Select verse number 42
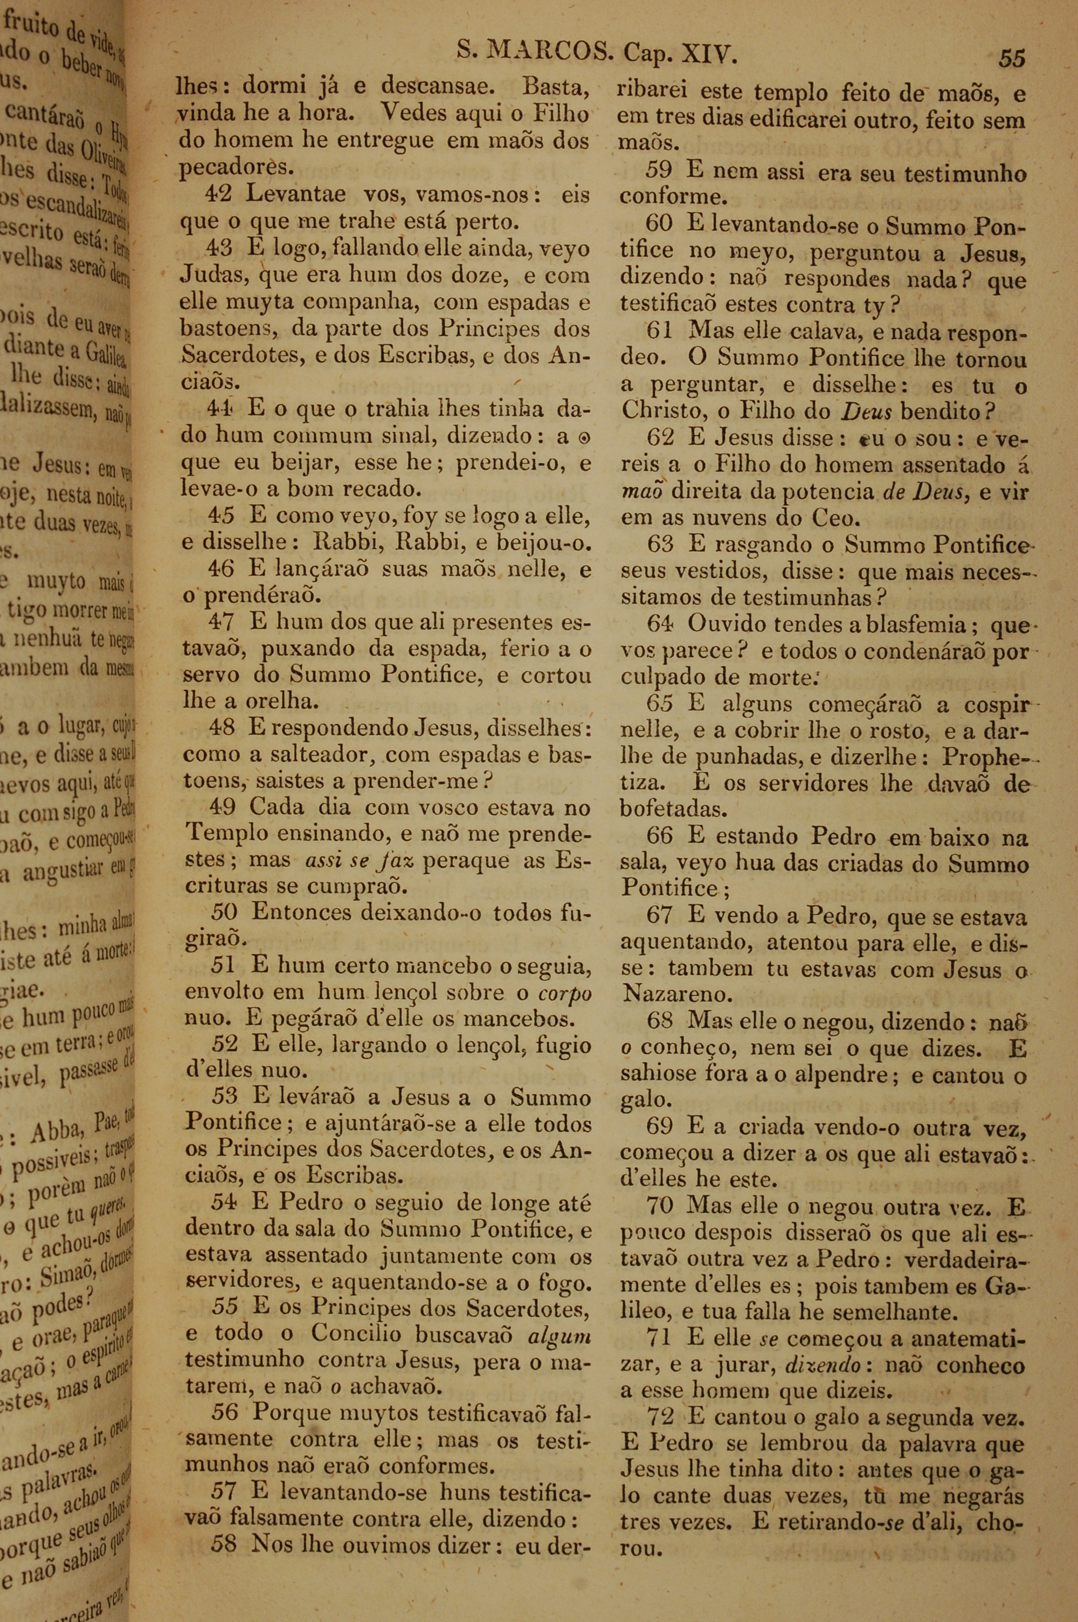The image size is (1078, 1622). click(x=219, y=195)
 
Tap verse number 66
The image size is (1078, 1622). click(x=660, y=836)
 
